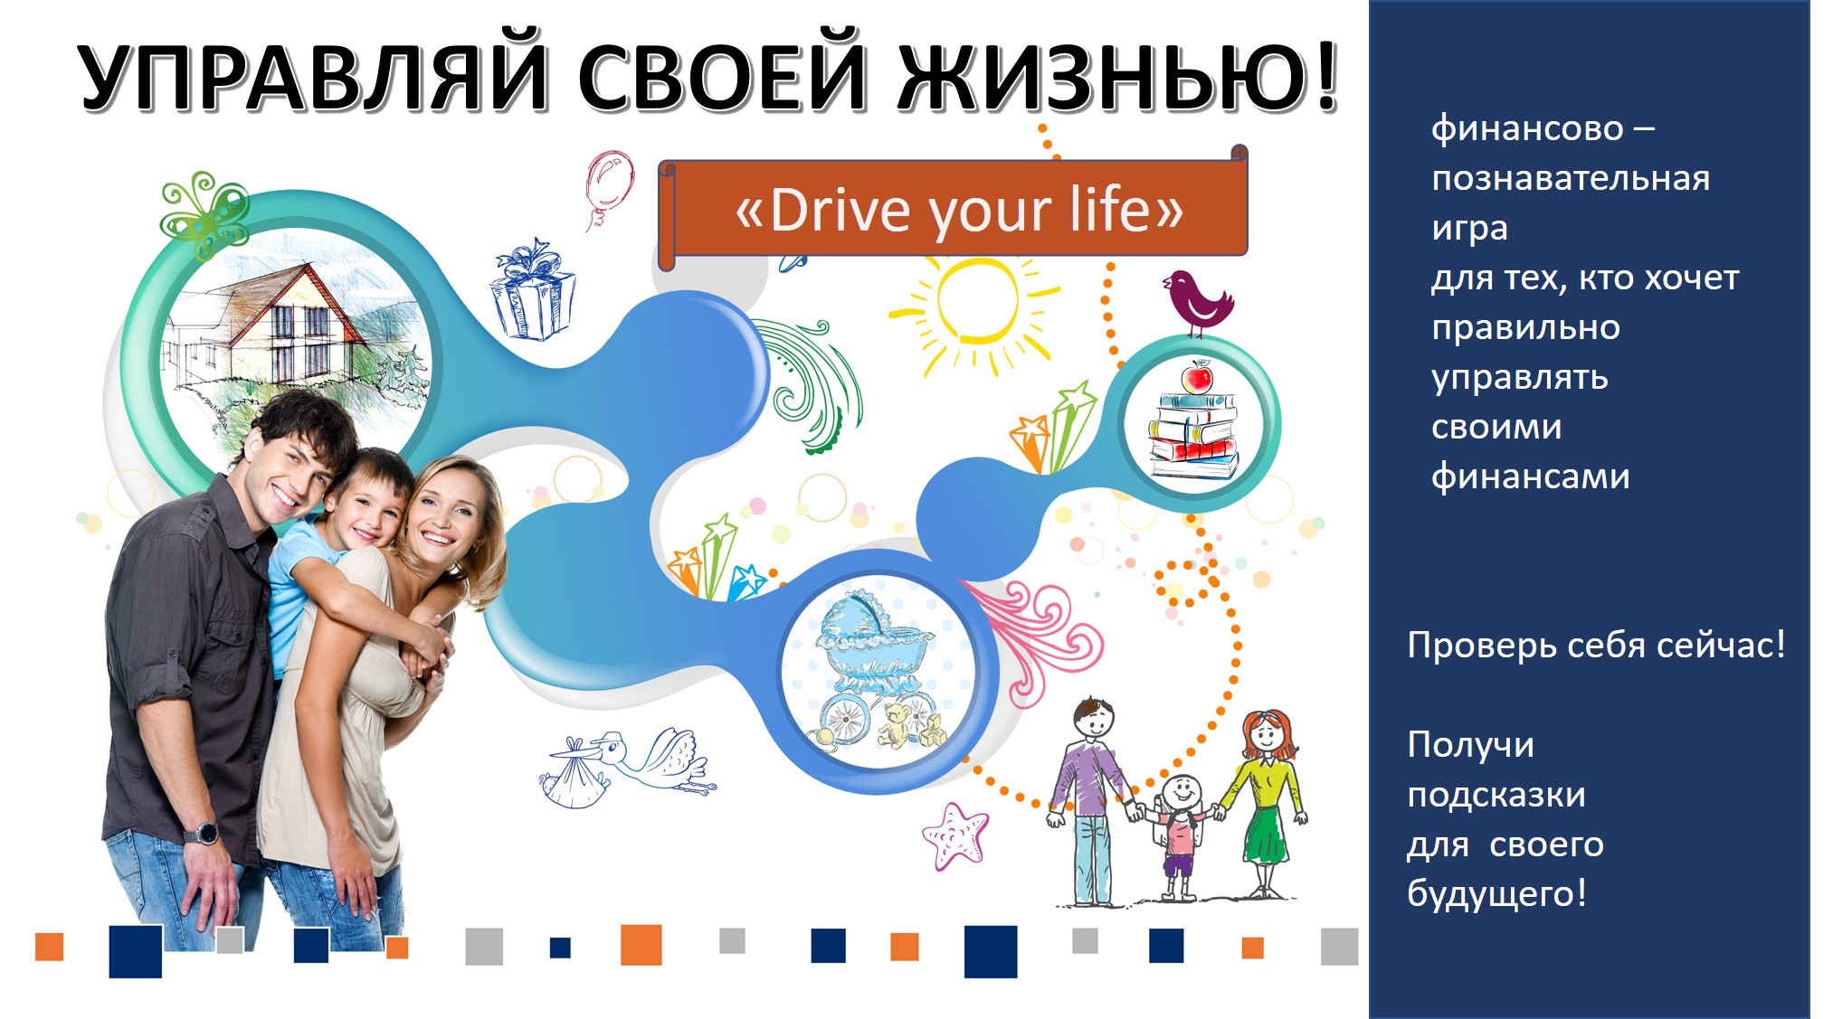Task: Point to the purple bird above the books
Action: (x=1196, y=301)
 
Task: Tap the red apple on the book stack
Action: (x=1198, y=375)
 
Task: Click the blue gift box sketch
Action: (x=533, y=290)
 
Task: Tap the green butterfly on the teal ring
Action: (x=204, y=216)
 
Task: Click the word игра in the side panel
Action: (x=1469, y=229)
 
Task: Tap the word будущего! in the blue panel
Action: (x=1496, y=894)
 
